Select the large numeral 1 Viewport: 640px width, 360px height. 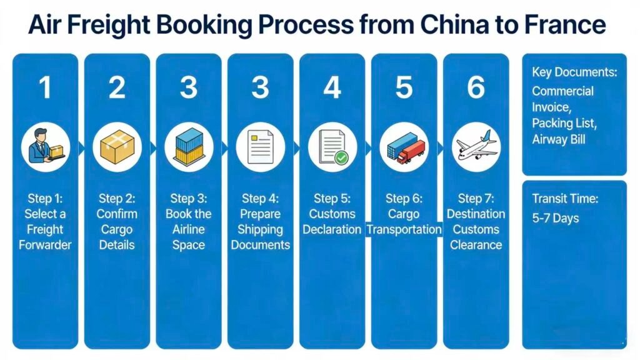(x=45, y=88)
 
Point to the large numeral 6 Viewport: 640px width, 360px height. (x=476, y=88)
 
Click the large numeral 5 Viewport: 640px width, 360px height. (x=404, y=88)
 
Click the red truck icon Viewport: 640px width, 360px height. (x=411, y=151)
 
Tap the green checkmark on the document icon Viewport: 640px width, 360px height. (x=341, y=157)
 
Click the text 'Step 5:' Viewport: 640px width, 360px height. (x=332, y=199)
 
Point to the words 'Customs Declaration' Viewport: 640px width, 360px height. (x=332, y=222)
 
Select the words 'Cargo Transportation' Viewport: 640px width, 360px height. (x=404, y=222)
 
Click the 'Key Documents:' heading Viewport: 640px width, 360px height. (x=574, y=72)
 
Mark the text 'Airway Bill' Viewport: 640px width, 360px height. (x=559, y=139)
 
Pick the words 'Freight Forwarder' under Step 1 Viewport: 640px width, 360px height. (x=45, y=237)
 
